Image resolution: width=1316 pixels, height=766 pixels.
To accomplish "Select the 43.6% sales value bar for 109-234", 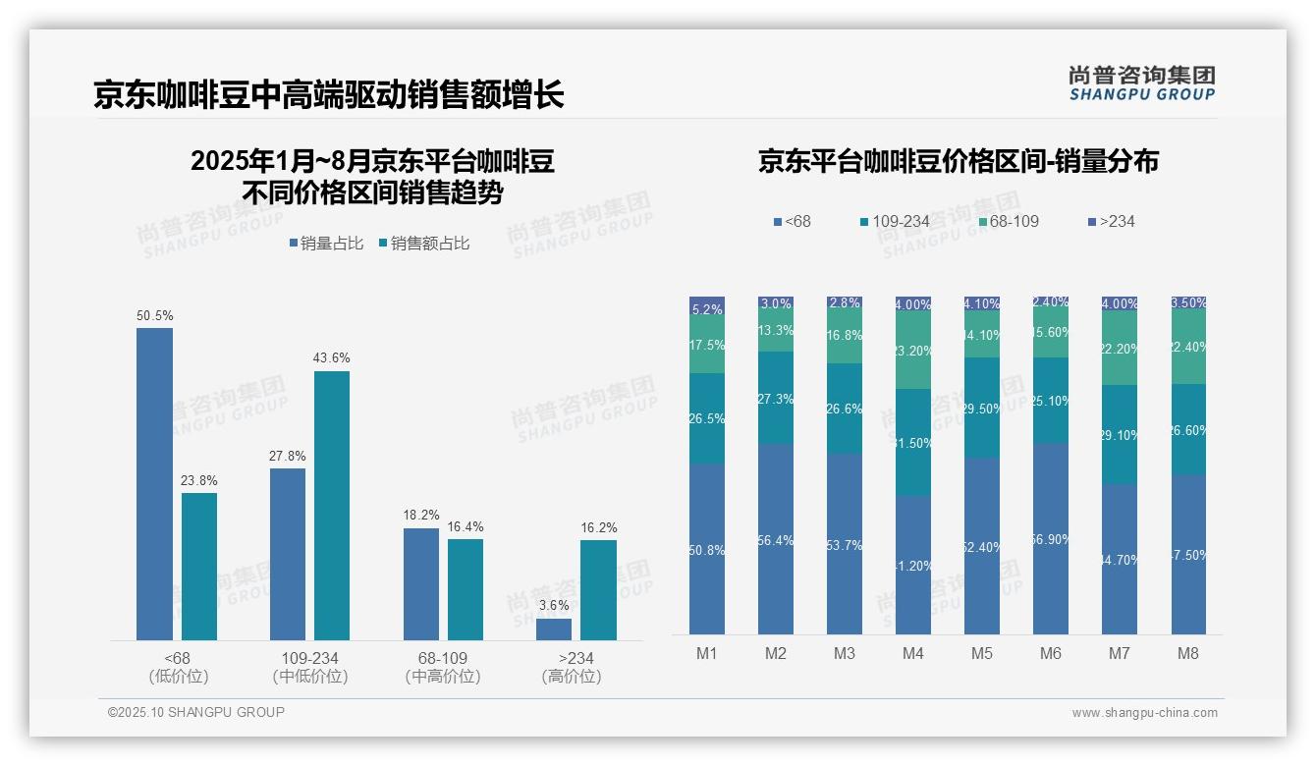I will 332,505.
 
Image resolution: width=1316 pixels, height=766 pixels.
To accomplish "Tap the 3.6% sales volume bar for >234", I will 553,629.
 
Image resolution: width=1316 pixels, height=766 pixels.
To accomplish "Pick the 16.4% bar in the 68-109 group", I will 466,589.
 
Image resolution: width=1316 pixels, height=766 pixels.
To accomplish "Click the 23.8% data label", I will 198,481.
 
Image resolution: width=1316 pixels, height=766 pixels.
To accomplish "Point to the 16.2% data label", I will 599,528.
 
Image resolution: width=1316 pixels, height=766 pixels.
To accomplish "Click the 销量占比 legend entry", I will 331,244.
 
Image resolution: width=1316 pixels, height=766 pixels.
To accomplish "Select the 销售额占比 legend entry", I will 423,244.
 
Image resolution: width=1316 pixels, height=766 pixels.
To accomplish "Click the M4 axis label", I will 913,653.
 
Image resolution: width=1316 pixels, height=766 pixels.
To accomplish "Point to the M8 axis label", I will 1188,653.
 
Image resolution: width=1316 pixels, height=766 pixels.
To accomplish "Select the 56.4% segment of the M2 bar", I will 776,538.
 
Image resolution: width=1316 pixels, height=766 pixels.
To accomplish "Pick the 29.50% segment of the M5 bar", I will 982,408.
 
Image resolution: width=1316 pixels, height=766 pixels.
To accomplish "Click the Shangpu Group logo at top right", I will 1141,83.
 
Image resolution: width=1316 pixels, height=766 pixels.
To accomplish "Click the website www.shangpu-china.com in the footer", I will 1144,713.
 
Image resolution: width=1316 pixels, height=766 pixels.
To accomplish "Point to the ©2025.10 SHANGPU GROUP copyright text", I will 196,713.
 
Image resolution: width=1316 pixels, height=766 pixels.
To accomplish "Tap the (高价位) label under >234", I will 571,677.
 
